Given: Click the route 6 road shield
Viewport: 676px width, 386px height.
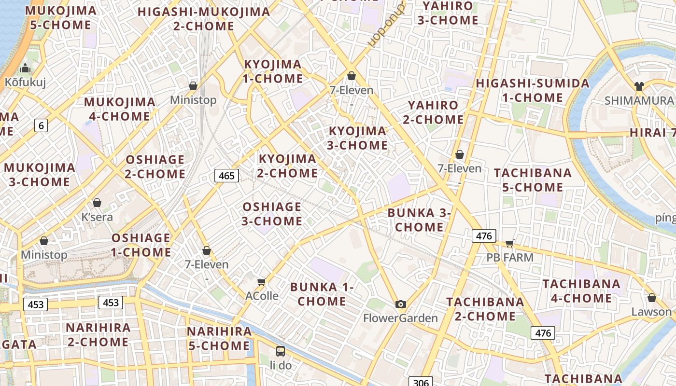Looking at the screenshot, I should click(41, 126).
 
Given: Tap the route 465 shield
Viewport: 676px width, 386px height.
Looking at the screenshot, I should click(226, 176).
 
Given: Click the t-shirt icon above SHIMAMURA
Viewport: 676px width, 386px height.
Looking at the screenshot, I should click(639, 86).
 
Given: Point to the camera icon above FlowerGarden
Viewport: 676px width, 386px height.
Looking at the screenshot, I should click(400, 304).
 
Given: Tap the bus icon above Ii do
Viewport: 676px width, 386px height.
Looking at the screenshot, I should click(280, 351).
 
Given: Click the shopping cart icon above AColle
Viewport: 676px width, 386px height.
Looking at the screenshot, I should click(262, 281).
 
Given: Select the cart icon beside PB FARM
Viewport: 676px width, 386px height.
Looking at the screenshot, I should click(510, 243).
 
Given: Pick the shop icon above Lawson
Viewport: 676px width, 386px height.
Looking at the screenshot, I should click(651, 298).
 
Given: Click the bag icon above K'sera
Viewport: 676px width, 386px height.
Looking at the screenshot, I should click(97, 203).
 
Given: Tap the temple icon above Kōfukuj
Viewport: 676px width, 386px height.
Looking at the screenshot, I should click(25, 68).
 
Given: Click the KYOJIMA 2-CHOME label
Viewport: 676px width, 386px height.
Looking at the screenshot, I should click(288, 165).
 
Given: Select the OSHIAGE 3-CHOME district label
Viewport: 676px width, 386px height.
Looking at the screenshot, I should click(272, 214).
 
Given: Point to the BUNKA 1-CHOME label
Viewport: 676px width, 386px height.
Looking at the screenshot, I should click(322, 294).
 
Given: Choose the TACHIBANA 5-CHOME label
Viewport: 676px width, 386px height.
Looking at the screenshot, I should click(533, 180).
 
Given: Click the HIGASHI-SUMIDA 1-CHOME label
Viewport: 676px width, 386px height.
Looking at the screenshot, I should click(533, 90).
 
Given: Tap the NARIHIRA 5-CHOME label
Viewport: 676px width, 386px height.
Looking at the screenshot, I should click(219, 338).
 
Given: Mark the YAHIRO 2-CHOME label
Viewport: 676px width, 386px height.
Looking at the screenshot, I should click(433, 112).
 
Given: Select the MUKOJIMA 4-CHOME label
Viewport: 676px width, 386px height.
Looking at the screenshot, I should click(119, 109).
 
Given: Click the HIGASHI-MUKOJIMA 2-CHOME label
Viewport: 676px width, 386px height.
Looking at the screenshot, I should click(203, 18).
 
